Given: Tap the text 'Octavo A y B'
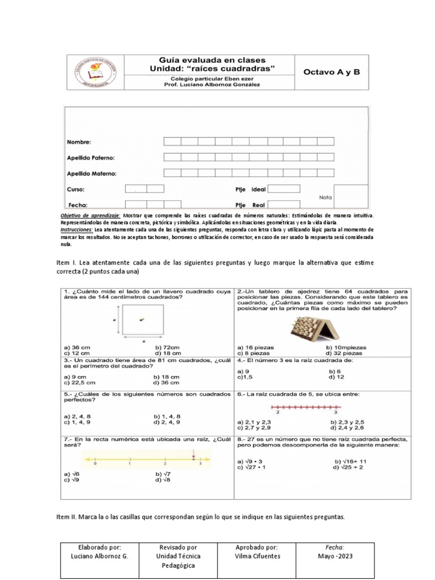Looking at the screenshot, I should click(331, 72).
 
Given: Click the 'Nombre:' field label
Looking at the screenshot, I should click(79, 142).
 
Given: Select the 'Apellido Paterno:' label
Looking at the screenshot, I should click(91, 158).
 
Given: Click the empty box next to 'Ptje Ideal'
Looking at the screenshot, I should click(283, 189).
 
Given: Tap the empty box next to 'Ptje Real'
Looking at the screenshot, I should click(283, 204).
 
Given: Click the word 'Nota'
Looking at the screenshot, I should click(325, 197).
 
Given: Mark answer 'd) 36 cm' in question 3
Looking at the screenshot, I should click(166, 383).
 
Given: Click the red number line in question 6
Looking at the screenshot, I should click(306, 407).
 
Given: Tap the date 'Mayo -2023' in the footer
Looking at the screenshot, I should click(334, 556).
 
